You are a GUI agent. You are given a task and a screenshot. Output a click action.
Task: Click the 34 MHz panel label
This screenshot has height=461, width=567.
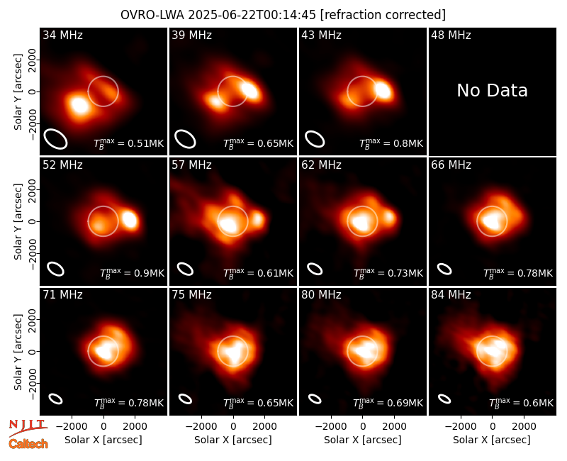pos(62,35)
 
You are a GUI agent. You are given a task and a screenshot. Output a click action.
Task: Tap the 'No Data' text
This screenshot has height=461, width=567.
pos(492,90)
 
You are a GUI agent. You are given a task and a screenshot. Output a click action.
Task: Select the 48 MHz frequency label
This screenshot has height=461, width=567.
pos(451,35)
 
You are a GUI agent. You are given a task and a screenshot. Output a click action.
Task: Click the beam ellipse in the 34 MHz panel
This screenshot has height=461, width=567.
pos(56,138)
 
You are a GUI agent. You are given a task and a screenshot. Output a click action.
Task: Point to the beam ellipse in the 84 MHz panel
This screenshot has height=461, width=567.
pos(444,399)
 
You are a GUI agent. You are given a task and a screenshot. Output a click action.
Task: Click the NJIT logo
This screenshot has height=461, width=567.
pos(28,427)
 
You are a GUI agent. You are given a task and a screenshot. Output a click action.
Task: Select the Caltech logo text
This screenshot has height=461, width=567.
pos(28,444)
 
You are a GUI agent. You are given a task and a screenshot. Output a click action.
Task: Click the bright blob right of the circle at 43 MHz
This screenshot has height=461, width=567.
pos(383,90)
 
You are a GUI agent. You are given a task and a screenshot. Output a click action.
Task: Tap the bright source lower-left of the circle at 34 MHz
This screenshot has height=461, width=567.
pos(79,105)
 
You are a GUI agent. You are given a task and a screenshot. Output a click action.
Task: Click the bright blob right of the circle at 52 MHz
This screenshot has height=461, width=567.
pos(130,219)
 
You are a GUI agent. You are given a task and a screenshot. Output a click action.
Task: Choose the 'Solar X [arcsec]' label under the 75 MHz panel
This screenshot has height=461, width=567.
pos(233,440)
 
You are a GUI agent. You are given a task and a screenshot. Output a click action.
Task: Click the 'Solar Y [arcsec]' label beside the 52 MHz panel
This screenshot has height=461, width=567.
pos(18,221)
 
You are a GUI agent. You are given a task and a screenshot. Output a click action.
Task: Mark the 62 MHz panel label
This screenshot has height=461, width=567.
pos(322,165)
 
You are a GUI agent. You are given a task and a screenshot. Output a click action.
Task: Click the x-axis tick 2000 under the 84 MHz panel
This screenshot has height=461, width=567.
pos(524,427)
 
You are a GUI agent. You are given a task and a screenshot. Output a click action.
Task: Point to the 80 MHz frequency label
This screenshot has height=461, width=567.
pos(322,295)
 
